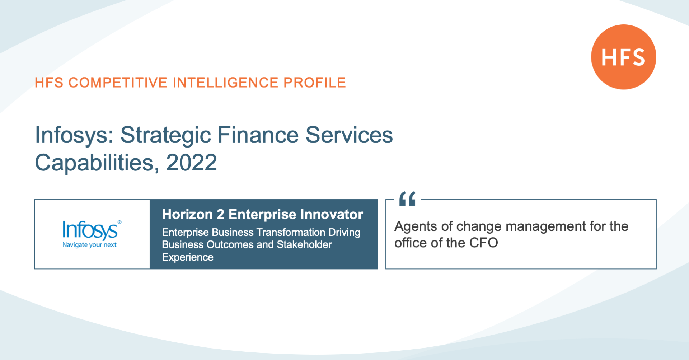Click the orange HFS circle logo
click(624, 57)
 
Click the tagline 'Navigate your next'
click(90, 245)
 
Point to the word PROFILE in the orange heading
click(315, 83)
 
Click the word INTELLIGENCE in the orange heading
click(226, 83)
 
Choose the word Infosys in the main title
click(74, 136)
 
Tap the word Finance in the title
click(258, 135)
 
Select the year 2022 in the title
click(192, 163)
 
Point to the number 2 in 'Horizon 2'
click(220, 214)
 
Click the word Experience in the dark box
click(188, 257)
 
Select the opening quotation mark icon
click(407, 198)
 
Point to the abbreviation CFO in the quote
click(484, 243)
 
